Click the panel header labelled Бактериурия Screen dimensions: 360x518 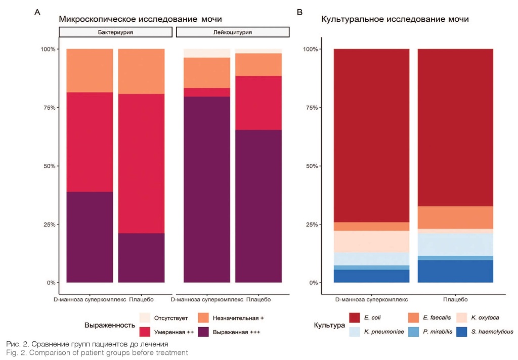tap(116, 32)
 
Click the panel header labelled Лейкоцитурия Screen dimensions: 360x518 tap(233, 32)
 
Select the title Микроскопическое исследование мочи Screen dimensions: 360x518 tap(141, 19)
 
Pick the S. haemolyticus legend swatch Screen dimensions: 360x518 tap(462, 332)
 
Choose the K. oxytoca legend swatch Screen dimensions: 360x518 tap(462, 318)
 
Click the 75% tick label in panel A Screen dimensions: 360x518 tap(49, 108)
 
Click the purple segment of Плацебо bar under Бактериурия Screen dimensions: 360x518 tap(141, 258)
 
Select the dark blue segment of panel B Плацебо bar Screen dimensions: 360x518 tap(455, 272)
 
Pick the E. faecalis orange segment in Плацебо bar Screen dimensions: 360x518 tap(455, 217)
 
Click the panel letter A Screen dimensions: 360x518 tap(36, 11)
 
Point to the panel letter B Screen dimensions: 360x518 tap(299, 11)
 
